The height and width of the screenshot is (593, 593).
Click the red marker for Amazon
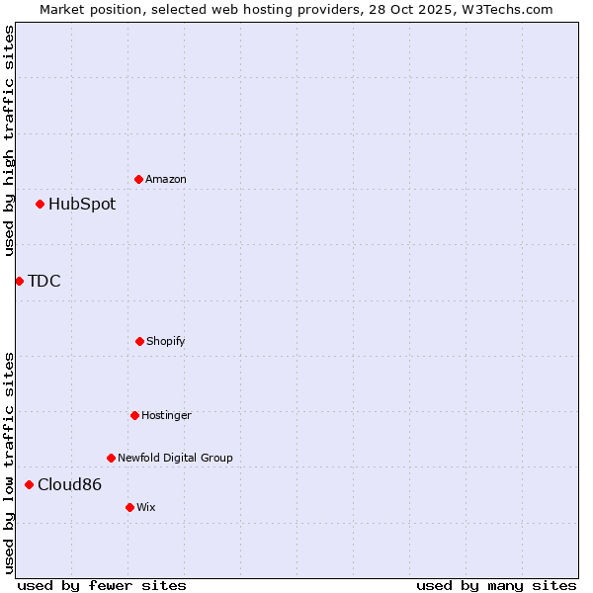(139, 179)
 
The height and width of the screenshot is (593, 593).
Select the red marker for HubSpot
(41, 205)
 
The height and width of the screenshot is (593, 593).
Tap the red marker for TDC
(19, 282)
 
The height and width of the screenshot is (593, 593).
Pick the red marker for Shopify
(139, 341)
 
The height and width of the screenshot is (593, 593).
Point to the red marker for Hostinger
(134, 415)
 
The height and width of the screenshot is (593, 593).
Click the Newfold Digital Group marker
(111, 458)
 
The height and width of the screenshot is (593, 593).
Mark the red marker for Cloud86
(30, 484)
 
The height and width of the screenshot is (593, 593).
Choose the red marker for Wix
(129, 507)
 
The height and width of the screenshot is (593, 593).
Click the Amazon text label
(166, 180)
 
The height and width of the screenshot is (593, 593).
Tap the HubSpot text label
(82, 205)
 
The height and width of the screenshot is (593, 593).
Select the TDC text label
(44, 282)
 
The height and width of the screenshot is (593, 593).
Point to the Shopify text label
(166, 342)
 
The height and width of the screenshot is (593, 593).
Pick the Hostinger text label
(166, 416)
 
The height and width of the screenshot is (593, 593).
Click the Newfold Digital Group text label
(175, 459)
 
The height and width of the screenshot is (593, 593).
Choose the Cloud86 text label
(69, 485)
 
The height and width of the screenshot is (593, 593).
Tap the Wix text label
(146, 508)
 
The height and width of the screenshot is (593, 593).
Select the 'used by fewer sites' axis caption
(102, 585)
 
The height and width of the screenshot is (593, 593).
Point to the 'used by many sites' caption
(496, 585)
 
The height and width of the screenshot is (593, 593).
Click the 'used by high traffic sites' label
(9, 140)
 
